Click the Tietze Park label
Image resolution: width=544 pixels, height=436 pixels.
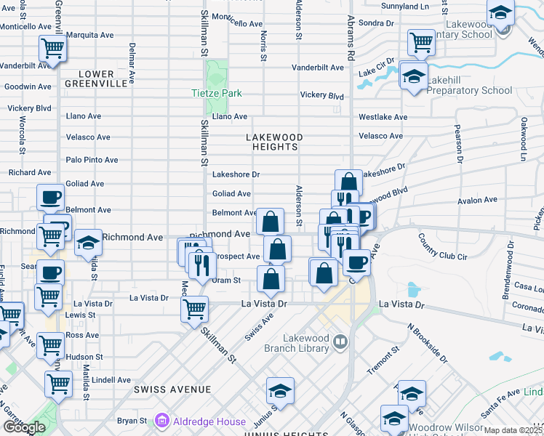click(x=216, y=94)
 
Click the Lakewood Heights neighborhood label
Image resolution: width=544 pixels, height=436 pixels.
click(x=272, y=142)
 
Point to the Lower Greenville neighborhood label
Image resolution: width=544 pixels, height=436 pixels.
click(x=96, y=78)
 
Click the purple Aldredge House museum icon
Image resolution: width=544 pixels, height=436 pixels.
click(x=161, y=420)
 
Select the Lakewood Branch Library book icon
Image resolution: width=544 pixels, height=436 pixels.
click(x=340, y=339)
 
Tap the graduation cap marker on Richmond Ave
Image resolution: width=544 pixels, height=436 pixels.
click(x=88, y=243)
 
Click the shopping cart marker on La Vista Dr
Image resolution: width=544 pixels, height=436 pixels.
click(x=194, y=309)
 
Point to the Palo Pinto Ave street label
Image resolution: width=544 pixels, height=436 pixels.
click(x=92, y=160)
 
